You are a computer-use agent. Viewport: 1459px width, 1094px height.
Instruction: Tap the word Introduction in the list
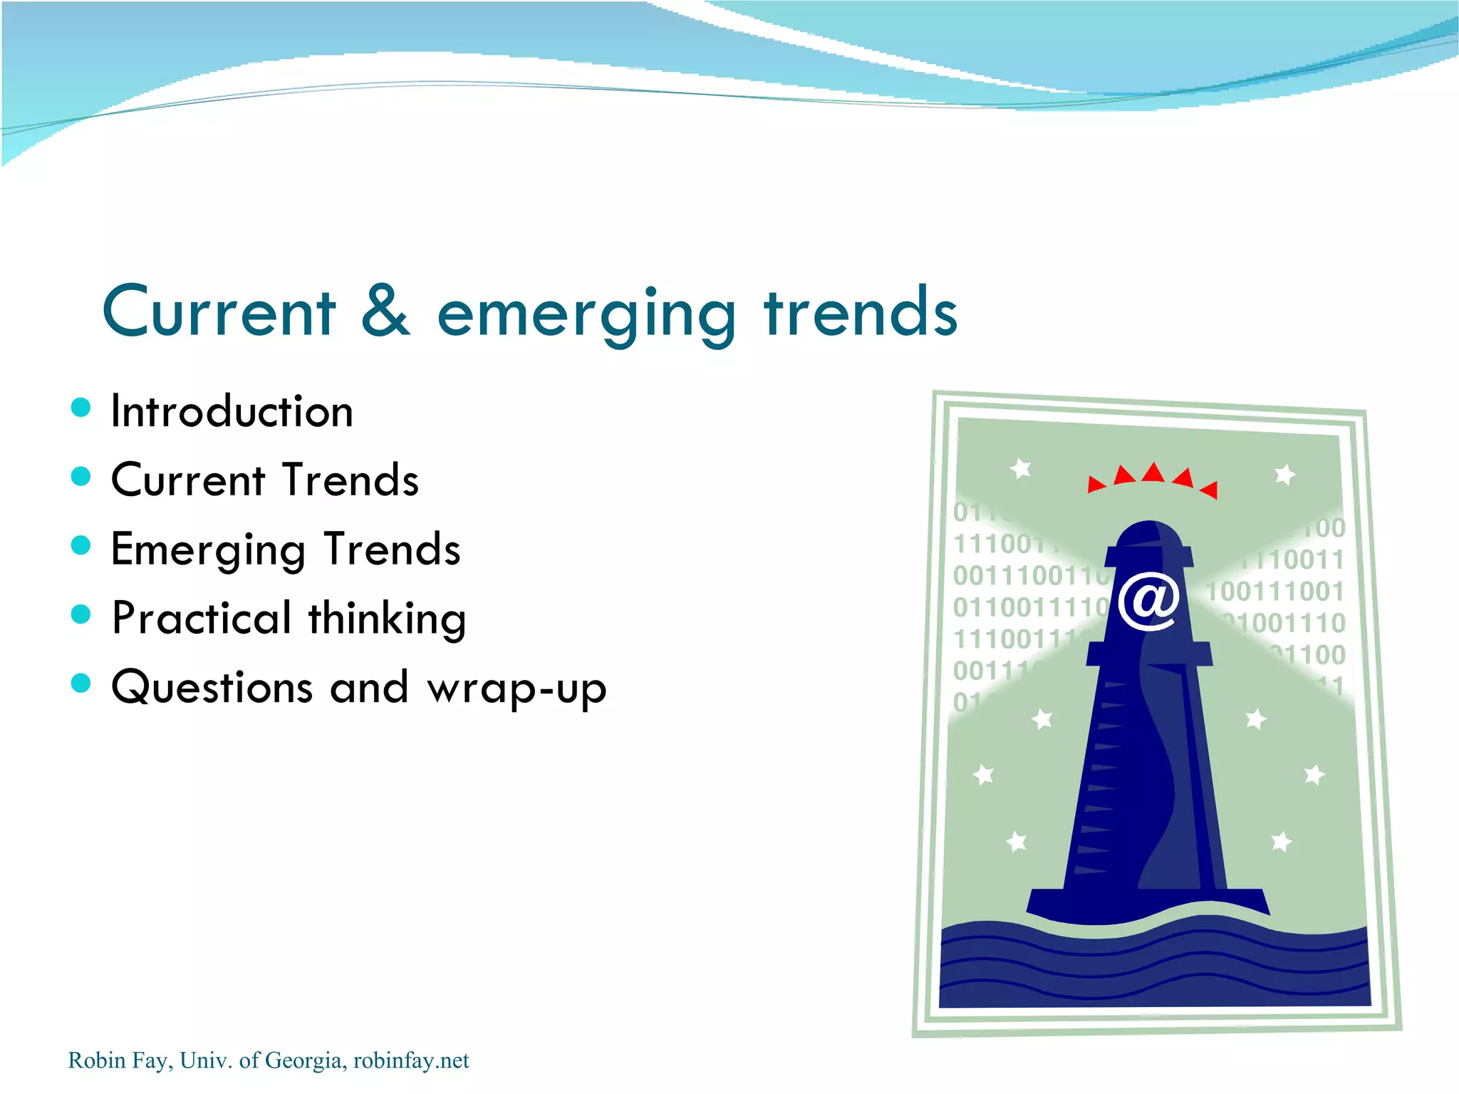point(232,411)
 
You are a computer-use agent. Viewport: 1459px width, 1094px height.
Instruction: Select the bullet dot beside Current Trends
point(81,476)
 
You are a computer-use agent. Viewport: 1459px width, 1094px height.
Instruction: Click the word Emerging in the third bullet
point(208,551)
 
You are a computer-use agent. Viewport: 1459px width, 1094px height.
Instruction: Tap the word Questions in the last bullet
point(212,687)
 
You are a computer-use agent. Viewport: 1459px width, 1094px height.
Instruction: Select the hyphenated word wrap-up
point(516,688)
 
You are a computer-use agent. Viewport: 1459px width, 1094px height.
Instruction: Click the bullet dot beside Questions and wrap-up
point(81,683)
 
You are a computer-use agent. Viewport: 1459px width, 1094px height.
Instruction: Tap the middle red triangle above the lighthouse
point(1153,473)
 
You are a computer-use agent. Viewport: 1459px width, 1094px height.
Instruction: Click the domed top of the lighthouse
point(1148,535)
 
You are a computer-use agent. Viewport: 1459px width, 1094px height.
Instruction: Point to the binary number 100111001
point(1274,591)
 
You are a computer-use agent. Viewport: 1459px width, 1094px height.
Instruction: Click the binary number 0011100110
point(1029,575)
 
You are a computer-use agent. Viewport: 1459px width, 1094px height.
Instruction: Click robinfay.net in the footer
point(411,1061)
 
